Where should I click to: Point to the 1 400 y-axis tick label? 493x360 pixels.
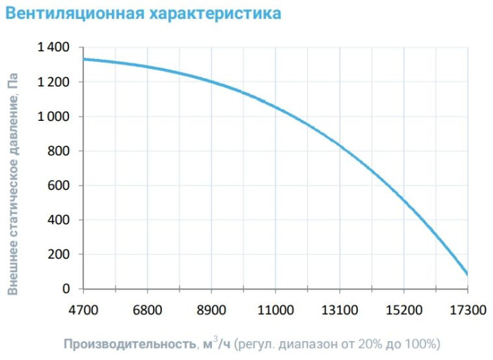54,48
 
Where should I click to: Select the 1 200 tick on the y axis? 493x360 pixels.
54,82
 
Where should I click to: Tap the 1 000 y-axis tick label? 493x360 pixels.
54,117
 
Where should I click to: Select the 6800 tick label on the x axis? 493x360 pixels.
147,309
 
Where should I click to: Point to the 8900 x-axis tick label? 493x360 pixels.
211,309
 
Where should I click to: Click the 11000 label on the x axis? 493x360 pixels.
275,309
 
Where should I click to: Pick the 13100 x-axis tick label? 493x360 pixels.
339,309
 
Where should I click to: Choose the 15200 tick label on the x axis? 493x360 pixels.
404,309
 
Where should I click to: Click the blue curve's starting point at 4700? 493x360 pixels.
84,59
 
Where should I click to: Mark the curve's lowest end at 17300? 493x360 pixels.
467,274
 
